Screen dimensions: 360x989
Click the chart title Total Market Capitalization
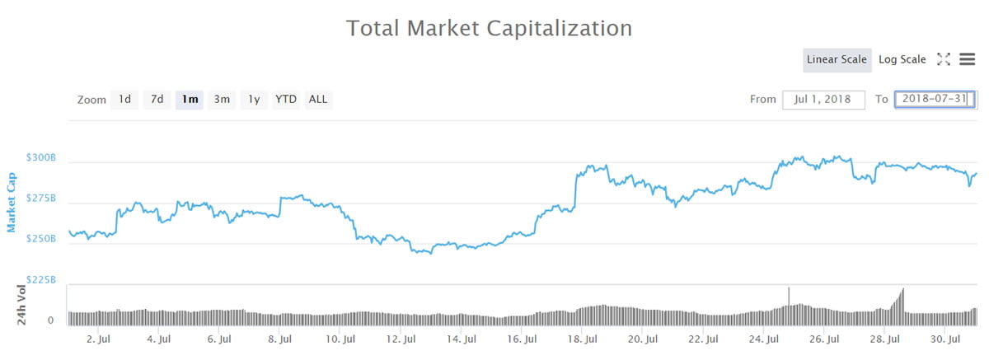[489, 28]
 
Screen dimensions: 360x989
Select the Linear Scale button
[837, 59]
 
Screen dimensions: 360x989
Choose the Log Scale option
[902, 59]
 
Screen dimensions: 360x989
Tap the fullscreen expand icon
[944, 59]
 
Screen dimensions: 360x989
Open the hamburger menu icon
[968, 59]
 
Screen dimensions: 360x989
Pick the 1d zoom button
[124, 100]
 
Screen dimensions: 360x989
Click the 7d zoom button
[157, 100]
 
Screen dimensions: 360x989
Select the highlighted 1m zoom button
[190, 100]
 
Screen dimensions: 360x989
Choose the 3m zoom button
[222, 100]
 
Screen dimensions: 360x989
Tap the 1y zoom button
[254, 100]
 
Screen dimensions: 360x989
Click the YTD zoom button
[286, 100]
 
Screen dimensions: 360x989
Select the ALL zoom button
[318, 100]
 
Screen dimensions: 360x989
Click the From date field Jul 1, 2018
[823, 100]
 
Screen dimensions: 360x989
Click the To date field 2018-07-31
[935, 100]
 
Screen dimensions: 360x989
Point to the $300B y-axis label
[40, 157]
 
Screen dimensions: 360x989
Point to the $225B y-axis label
[40, 279]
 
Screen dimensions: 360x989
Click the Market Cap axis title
[12, 202]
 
